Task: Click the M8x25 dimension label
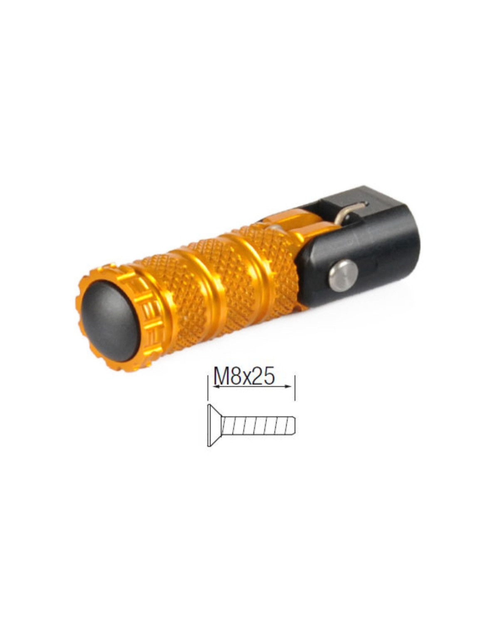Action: pos(244,376)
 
